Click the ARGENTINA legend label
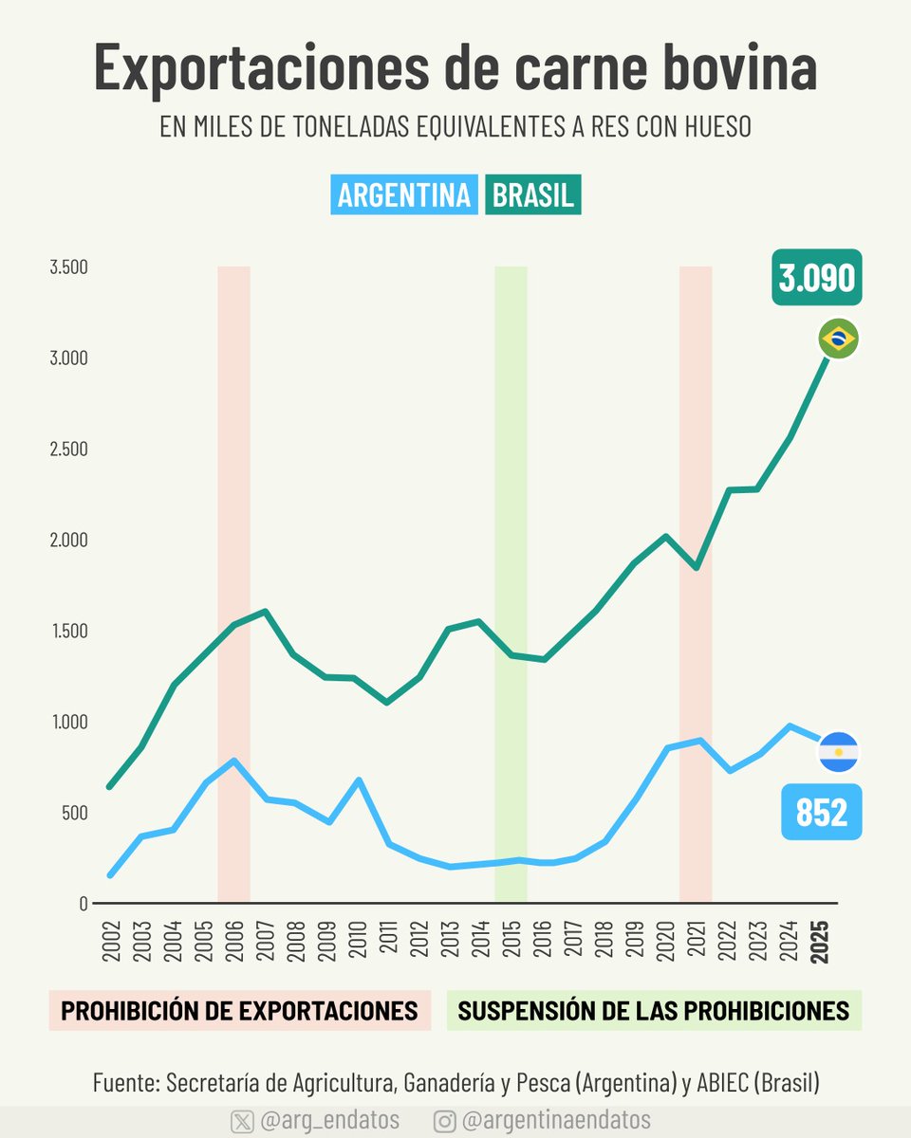pos(404,195)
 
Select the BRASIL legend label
pos(532,195)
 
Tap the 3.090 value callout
pos(816,278)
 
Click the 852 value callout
pos(821,813)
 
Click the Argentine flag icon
pos(838,752)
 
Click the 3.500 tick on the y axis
pos(68,267)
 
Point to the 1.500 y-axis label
pos(68,632)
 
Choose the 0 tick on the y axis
pos(84,904)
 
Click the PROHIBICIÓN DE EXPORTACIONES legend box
pos(239,1011)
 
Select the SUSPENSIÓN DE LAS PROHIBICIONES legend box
pos(653,1011)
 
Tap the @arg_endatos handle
pos(329,1120)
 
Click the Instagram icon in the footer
pos(444,1121)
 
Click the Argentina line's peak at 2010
pos(358,780)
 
